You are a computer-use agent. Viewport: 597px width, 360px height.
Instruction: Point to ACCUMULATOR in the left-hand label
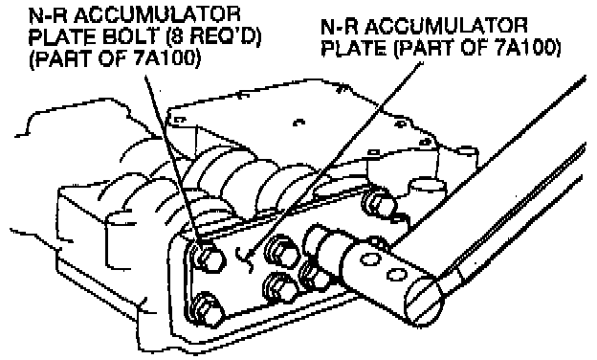[x=161, y=14]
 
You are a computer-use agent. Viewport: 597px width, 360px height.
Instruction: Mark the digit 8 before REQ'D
[x=175, y=37]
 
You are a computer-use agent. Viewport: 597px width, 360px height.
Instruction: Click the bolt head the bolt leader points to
[x=210, y=259]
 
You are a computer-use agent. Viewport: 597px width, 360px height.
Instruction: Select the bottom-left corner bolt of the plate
[x=209, y=310]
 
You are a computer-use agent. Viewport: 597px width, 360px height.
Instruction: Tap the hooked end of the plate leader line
[x=244, y=259]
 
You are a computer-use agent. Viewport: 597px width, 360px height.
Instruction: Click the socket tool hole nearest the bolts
[x=367, y=259]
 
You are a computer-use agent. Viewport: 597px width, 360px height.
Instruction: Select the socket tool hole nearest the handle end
[x=396, y=274]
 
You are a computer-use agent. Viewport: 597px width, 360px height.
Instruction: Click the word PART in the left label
[x=62, y=59]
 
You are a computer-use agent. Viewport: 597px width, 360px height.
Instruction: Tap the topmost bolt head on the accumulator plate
[x=377, y=201]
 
